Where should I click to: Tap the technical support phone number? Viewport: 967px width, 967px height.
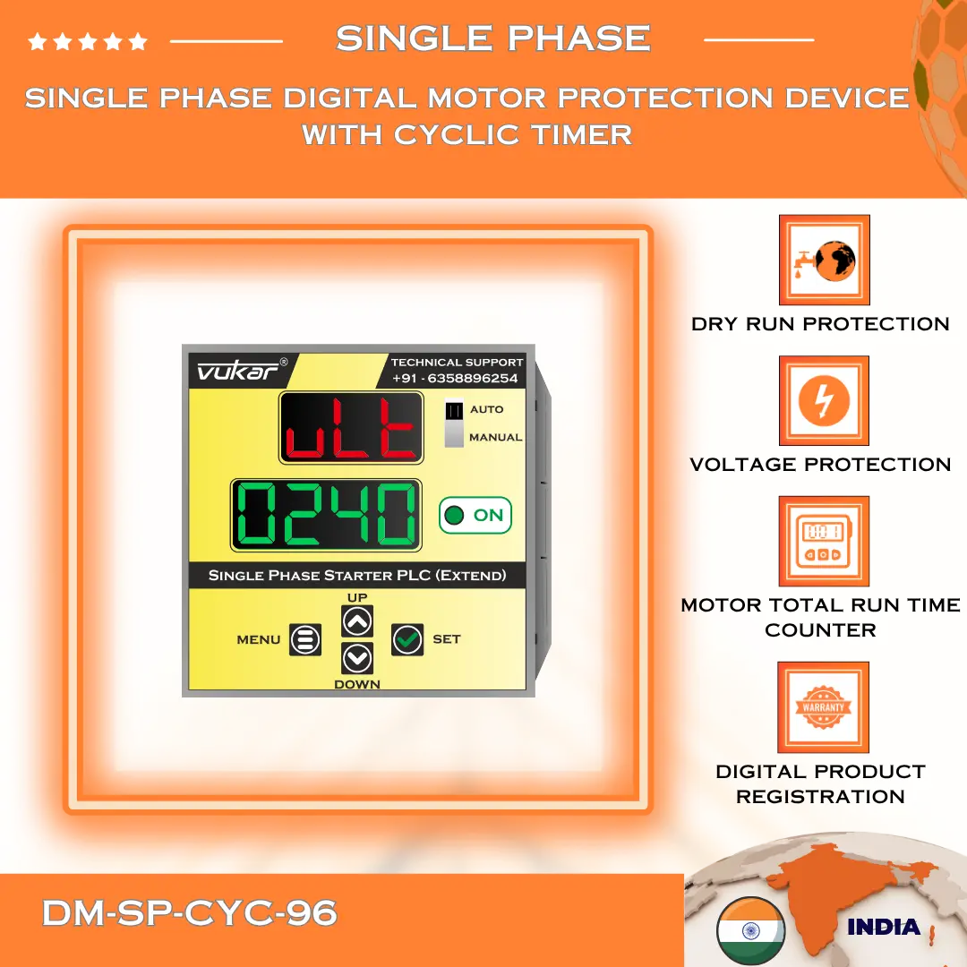pyautogui.click(x=456, y=378)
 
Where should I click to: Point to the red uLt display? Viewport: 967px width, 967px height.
pyautogui.click(x=351, y=428)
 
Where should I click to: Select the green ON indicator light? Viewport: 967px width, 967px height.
pyautogui.click(x=455, y=515)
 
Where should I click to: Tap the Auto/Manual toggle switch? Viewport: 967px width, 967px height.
pyautogui.click(x=455, y=423)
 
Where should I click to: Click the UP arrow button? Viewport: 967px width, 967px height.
pyautogui.click(x=357, y=620)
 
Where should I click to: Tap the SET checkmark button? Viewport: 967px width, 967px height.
pyautogui.click(x=407, y=639)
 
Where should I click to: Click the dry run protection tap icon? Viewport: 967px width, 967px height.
pyautogui.click(x=824, y=261)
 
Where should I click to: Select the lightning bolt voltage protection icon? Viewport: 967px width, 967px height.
pyautogui.click(x=824, y=401)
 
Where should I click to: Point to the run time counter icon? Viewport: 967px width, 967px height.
pyautogui.click(x=824, y=542)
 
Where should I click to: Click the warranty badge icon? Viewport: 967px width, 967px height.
pyautogui.click(x=824, y=707)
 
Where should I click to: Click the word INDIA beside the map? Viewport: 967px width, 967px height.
pyautogui.click(x=883, y=928)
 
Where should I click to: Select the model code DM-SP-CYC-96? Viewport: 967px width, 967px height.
pyautogui.click(x=190, y=913)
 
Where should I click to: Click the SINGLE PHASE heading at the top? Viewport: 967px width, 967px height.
pyautogui.click(x=492, y=39)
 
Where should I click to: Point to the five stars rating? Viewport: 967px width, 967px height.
pyautogui.click(x=88, y=41)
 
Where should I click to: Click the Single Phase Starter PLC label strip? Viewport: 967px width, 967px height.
pyautogui.click(x=357, y=575)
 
